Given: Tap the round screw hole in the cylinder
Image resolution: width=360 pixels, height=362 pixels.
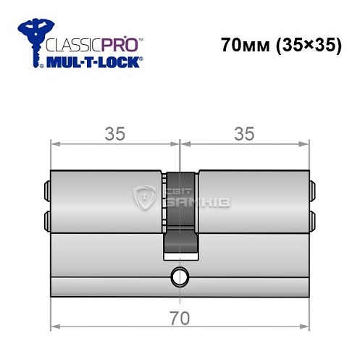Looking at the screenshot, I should coord(178,276).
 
